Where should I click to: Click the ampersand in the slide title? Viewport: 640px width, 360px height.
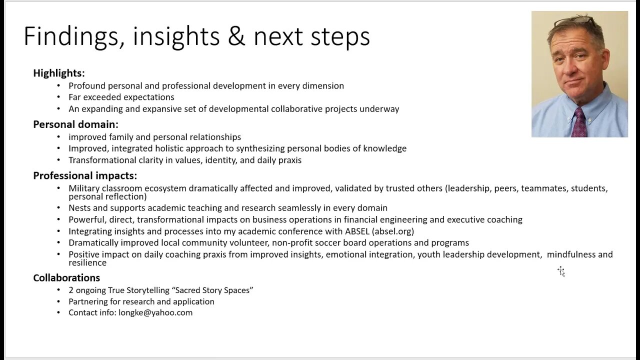click(x=236, y=36)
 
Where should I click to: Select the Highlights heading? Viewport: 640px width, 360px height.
click(x=59, y=73)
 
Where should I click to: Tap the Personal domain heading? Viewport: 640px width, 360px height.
click(x=75, y=124)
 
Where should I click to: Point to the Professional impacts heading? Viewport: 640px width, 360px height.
click(x=85, y=175)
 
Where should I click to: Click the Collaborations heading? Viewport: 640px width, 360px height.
click(x=66, y=277)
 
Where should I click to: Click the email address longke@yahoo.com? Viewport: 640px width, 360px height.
click(x=155, y=312)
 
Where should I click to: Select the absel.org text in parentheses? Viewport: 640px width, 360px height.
click(x=393, y=231)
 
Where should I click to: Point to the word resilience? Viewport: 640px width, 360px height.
click(x=87, y=262)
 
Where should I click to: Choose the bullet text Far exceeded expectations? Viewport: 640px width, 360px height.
click(x=121, y=97)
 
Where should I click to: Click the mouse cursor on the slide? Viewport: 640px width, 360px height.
click(x=561, y=271)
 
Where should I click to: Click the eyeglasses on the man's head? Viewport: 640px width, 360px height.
click(x=574, y=20)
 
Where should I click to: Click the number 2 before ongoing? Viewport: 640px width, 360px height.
click(x=71, y=290)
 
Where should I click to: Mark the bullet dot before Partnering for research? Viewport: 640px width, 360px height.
click(x=58, y=301)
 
